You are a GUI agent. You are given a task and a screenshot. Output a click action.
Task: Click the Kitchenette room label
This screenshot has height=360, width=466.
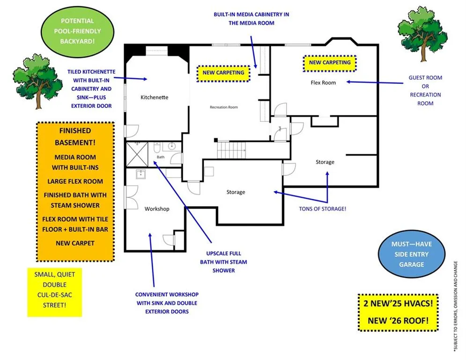154,97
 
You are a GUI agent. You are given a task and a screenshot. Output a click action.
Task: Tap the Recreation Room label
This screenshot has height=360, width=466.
224,107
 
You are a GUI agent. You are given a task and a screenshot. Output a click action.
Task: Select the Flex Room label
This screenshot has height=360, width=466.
323,82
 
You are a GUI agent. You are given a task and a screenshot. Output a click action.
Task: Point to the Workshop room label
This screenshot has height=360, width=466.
157,209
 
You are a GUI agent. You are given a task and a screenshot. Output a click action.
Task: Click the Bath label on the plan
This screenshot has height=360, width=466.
161,157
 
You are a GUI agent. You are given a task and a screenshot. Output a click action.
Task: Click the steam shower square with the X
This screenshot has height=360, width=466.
137,154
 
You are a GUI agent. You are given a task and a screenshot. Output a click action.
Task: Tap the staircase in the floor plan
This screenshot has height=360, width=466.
231,150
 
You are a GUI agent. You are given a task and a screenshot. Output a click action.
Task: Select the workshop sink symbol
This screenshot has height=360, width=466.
141,174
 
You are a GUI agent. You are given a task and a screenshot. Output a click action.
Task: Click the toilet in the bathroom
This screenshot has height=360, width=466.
157,147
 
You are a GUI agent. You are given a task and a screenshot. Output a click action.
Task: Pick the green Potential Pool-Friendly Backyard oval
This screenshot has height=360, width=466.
77,31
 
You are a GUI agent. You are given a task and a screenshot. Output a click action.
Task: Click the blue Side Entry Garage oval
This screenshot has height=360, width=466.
412,254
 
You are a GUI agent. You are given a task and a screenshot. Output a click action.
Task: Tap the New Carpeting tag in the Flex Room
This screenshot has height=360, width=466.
330,63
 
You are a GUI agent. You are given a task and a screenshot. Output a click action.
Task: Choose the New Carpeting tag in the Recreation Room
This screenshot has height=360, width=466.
223,73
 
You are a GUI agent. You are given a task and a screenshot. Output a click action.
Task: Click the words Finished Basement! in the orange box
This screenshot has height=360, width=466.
75,136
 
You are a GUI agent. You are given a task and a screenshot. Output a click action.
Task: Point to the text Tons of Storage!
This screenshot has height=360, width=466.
323,209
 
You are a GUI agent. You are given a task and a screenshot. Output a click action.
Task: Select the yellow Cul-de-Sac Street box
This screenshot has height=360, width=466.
55,292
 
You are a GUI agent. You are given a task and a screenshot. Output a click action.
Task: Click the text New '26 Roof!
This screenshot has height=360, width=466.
398,321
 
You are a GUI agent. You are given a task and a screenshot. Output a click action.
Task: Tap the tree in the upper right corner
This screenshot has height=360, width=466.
422,33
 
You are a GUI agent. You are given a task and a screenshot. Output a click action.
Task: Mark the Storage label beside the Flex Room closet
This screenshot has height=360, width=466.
325,162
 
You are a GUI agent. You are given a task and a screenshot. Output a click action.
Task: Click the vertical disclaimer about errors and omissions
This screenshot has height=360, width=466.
456,307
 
